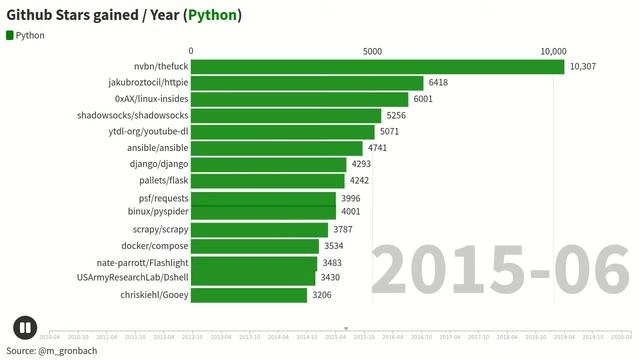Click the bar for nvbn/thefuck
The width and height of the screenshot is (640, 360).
point(377,67)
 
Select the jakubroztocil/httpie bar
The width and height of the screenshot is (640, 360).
point(307,83)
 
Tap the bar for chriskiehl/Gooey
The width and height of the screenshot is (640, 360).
point(249,295)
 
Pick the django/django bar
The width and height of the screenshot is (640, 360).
point(269,164)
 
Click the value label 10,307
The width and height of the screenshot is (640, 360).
point(582,67)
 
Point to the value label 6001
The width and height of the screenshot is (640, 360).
point(423,99)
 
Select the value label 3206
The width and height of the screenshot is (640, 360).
point(322,295)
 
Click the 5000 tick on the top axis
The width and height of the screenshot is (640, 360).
point(372,51)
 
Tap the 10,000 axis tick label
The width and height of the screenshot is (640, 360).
point(553,51)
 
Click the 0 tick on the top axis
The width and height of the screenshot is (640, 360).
point(191,51)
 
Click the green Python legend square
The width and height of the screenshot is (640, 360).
point(10,35)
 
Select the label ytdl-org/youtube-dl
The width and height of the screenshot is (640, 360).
point(148,132)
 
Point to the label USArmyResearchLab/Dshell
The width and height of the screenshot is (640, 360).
point(132,277)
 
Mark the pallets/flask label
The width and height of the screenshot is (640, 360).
point(164,181)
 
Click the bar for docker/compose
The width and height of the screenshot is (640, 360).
point(255,246)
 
